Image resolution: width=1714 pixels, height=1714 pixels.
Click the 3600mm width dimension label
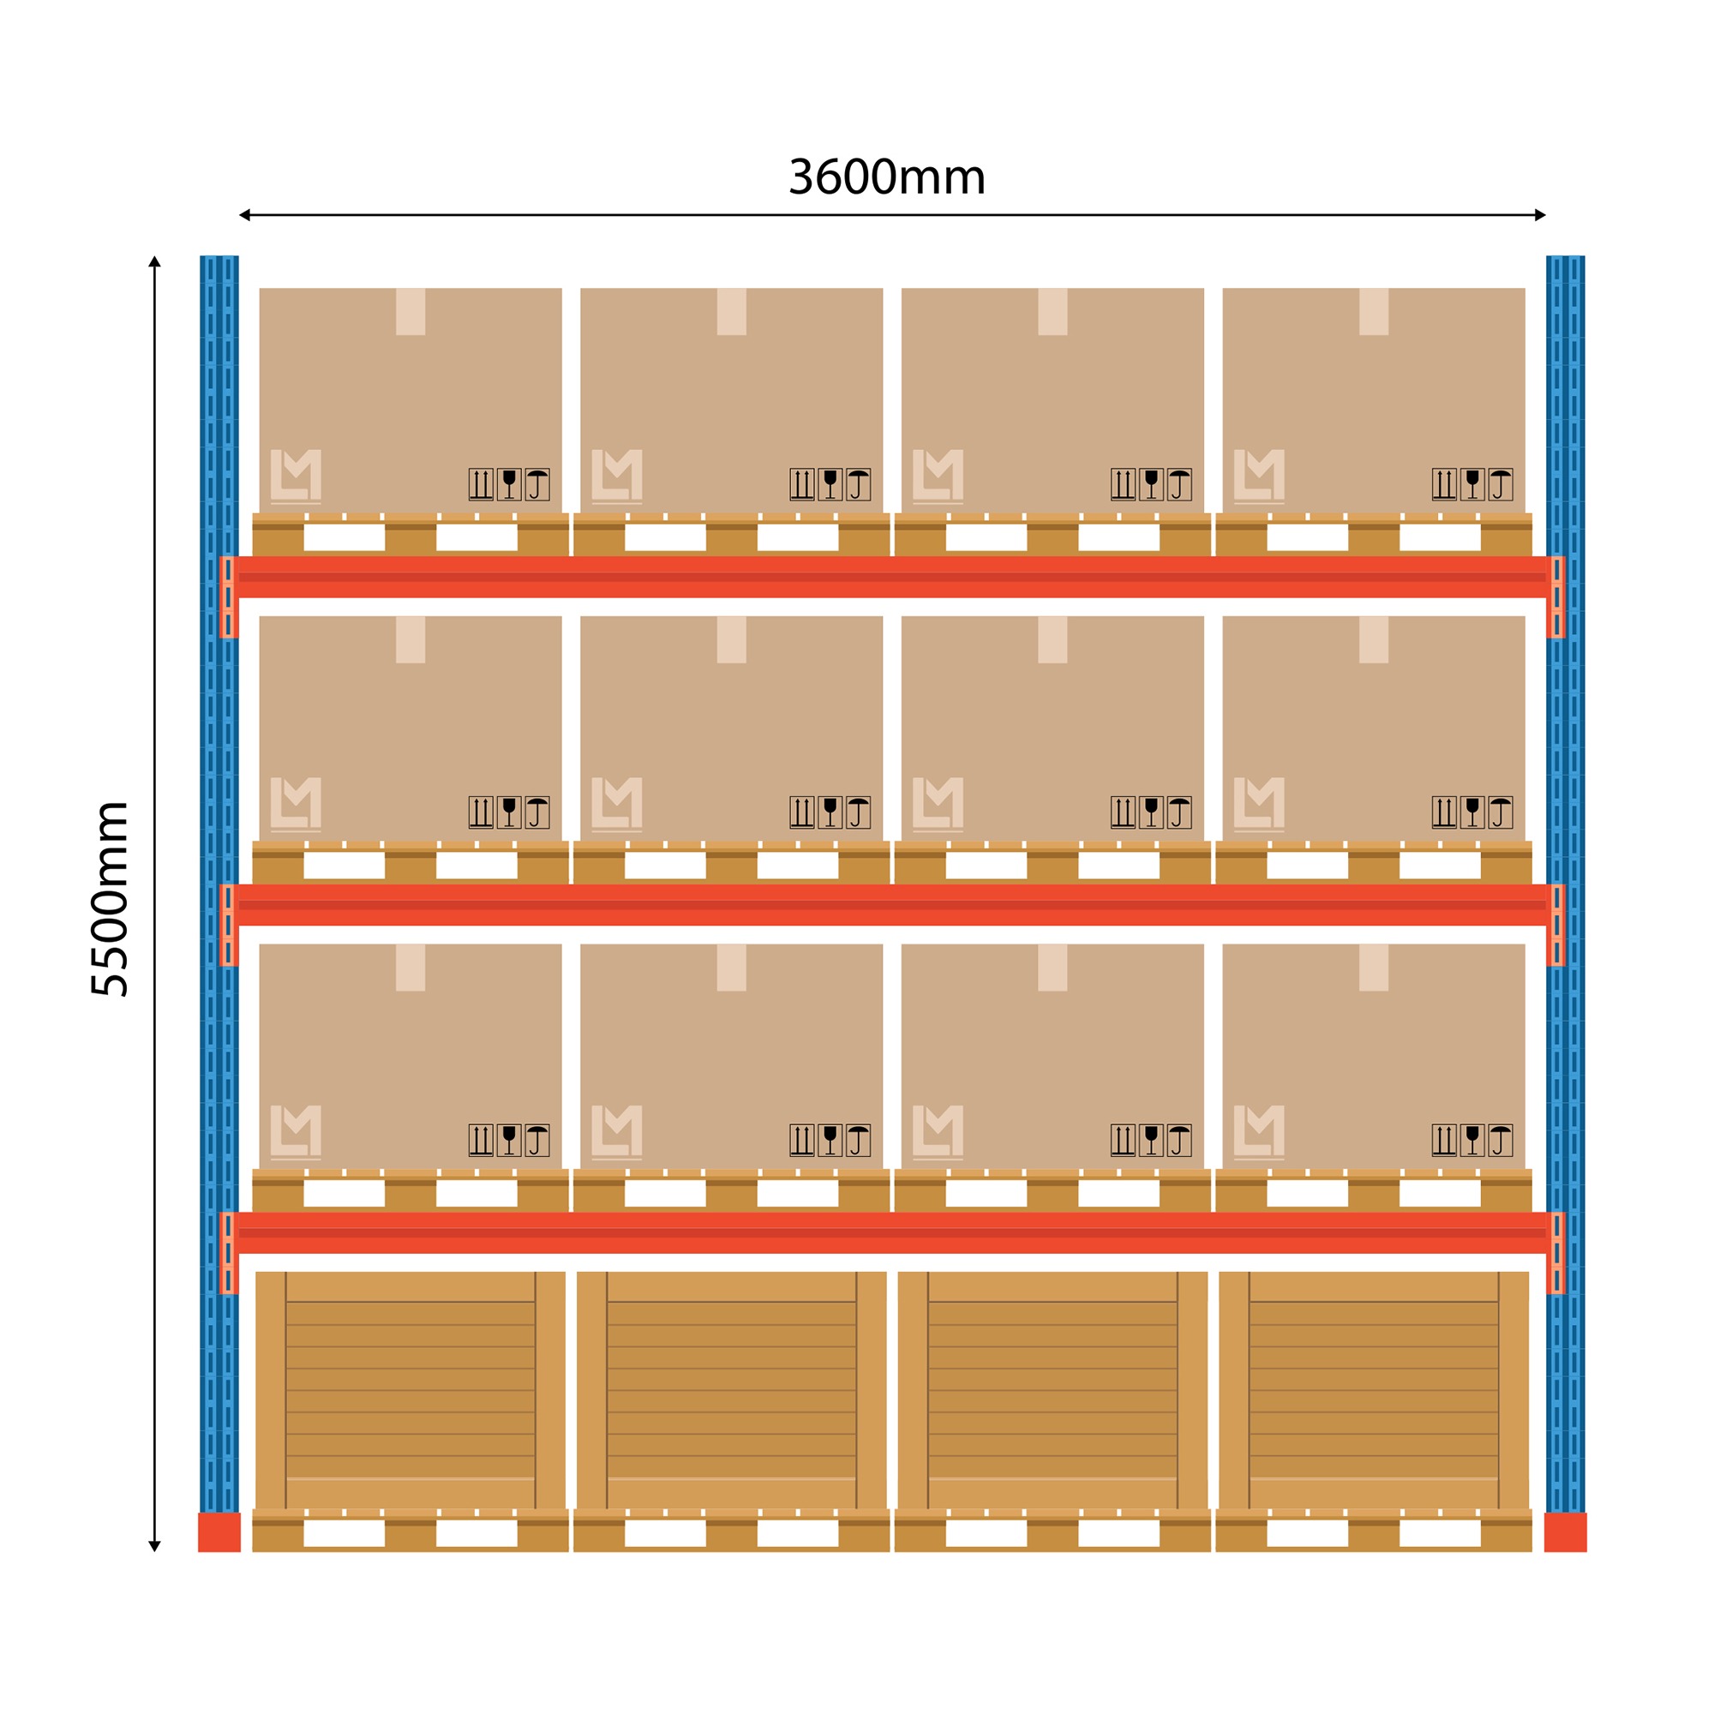pyautogui.click(x=886, y=177)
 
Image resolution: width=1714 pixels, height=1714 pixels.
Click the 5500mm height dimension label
pyautogui.click(x=111, y=900)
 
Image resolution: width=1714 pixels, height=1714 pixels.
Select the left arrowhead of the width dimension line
pyautogui.click(x=245, y=215)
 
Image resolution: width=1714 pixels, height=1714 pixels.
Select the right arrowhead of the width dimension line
pyautogui.click(x=1540, y=215)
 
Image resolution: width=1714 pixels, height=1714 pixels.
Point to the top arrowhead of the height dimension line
pyautogui.click(x=154, y=261)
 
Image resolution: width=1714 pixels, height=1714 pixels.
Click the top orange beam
pyautogui.click(x=891, y=577)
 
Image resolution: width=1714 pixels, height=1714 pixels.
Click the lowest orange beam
pyautogui.click(x=891, y=1233)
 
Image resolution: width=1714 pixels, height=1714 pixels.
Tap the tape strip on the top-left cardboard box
pyautogui.click(x=411, y=311)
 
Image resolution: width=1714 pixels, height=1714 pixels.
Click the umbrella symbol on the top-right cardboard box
pyautogui.click(x=1501, y=484)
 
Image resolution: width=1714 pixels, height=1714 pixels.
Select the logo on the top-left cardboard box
pyautogui.click(x=296, y=476)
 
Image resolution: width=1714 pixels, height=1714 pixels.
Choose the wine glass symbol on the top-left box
pyautogui.click(x=508, y=484)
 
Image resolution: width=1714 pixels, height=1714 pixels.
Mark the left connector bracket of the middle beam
pyautogui.click(x=229, y=926)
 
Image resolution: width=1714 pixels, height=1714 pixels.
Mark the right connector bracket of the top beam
pyautogui.click(x=1556, y=597)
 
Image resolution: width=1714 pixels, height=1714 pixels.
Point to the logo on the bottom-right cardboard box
pyautogui.click(x=1259, y=1133)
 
